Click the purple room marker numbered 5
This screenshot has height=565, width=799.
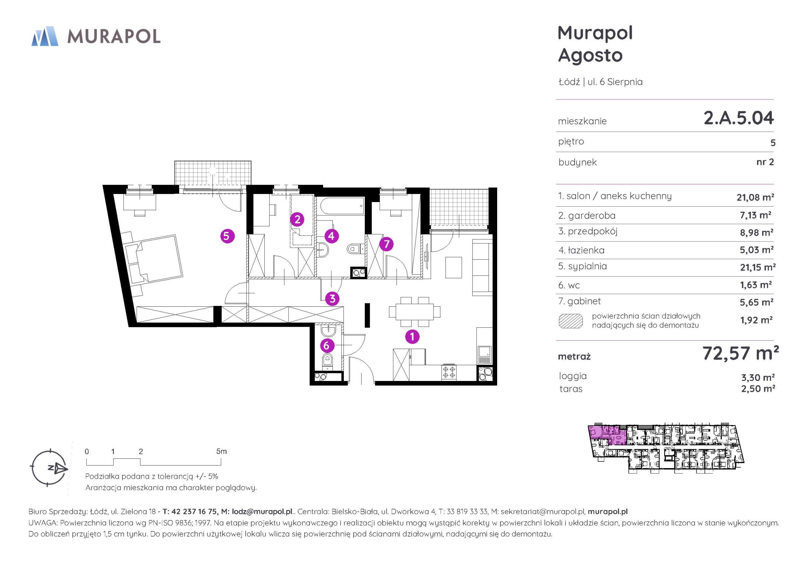click(x=227, y=236)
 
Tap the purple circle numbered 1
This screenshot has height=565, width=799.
click(x=412, y=337)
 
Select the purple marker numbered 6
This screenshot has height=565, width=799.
click(x=326, y=345)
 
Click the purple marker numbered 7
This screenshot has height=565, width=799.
click(x=386, y=244)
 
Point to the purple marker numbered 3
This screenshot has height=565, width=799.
click(x=332, y=299)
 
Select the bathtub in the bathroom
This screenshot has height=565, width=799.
click(x=342, y=208)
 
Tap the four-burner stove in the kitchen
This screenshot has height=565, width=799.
click(x=449, y=373)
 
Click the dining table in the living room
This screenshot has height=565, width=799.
click(x=415, y=312)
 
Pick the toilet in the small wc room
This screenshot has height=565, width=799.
click(x=327, y=361)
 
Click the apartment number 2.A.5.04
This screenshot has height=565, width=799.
click(x=739, y=118)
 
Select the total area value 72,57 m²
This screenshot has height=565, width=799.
click(x=741, y=353)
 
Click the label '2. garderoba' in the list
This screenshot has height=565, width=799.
click(x=587, y=215)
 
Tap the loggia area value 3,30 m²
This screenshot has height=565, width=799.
click(x=758, y=377)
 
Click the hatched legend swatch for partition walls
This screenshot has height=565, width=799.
click(x=571, y=321)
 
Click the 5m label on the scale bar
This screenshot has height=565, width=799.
click(x=221, y=451)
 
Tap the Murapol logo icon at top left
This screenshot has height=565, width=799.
click(x=45, y=36)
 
